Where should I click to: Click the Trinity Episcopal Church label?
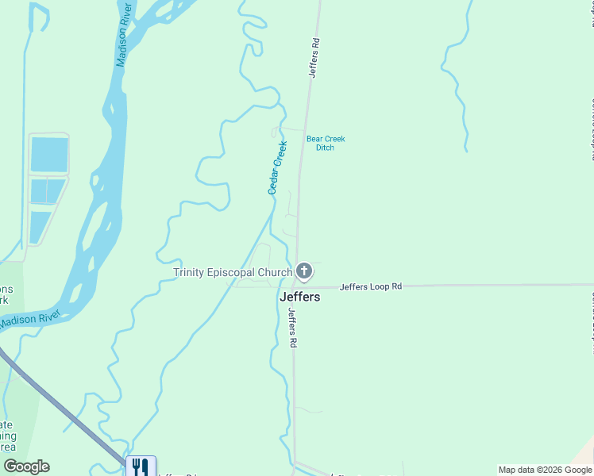(x=233, y=273)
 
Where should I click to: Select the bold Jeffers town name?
(x=300, y=297)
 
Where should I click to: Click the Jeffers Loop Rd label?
(x=371, y=286)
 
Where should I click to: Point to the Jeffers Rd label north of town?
(x=315, y=57)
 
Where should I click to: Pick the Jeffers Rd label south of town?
(x=292, y=328)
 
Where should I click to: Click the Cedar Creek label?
(x=277, y=167)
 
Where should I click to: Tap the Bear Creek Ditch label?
(x=326, y=143)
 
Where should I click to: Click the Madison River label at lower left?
(x=30, y=320)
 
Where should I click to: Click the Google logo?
(x=26, y=466)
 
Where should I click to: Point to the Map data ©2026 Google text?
(x=546, y=470)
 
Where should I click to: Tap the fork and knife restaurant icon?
(x=141, y=466)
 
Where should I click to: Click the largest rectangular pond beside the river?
(x=48, y=155)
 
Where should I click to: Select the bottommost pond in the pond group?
(x=40, y=227)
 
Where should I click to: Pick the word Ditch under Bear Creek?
(x=326, y=148)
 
